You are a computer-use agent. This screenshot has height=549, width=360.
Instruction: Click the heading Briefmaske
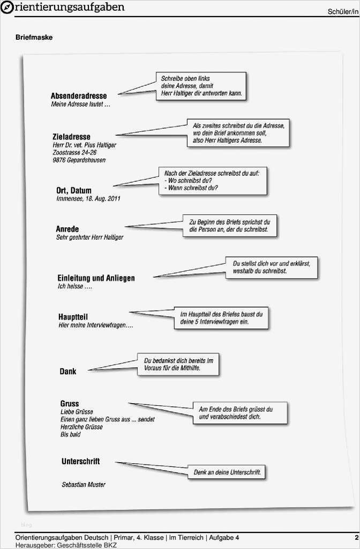pyautogui.click(x=34, y=38)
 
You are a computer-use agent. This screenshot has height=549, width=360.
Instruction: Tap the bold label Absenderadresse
pyautogui.click(x=79, y=95)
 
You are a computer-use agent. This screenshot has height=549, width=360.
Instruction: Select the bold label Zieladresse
pyautogui.click(x=72, y=137)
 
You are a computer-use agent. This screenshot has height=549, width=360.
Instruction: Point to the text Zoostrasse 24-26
pyautogui.click(x=74, y=152)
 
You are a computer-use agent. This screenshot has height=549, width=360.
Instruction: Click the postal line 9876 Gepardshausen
pyautogui.click(x=79, y=160)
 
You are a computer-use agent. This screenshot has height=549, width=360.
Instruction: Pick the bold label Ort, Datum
pyautogui.click(x=74, y=190)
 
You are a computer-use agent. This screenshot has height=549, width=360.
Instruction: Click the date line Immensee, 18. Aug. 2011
pyautogui.click(x=88, y=198)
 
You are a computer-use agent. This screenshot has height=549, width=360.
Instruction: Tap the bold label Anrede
pyautogui.click(x=67, y=229)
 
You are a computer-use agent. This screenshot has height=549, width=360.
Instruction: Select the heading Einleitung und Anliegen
pyautogui.click(x=96, y=278)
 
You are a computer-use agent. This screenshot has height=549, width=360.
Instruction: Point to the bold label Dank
pyautogui.click(x=68, y=371)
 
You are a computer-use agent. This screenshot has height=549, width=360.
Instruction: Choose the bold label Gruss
pyautogui.click(x=70, y=403)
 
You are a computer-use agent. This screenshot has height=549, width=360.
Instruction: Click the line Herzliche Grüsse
pyautogui.click(x=81, y=427)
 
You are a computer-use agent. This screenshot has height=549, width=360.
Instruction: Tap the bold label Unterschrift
pyautogui.click(x=81, y=461)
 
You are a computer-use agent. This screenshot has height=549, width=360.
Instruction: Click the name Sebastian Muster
pyautogui.click(x=84, y=485)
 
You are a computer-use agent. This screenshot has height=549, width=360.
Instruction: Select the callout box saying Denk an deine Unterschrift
pyautogui.click(x=227, y=472)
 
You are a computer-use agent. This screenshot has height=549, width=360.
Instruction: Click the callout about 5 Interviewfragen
pyautogui.click(x=221, y=318)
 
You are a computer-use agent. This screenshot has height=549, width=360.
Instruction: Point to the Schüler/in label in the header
pyautogui.click(x=343, y=12)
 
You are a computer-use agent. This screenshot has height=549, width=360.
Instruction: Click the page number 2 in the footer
pyautogui.click(x=356, y=537)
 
